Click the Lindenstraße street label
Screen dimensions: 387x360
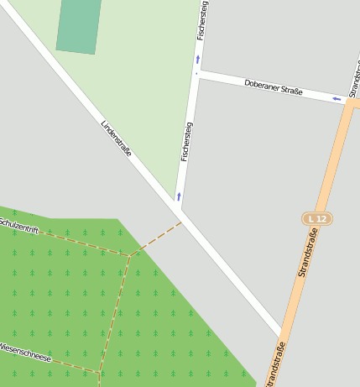tap(117, 139)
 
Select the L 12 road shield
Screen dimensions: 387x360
tap(317, 218)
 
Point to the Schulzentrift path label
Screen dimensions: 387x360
tap(18, 225)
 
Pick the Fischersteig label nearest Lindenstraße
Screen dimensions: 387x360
tap(186, 141)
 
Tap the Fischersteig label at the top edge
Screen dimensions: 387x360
tap(202, 18)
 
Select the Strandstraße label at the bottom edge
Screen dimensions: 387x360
tap(275, 365)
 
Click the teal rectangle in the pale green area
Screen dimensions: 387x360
tap(79, 26)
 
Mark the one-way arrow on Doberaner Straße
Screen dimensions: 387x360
tap(337, 99)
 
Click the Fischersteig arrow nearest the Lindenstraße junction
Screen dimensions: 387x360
tap(179, 196)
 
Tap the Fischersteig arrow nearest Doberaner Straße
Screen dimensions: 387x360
tap(198, 60)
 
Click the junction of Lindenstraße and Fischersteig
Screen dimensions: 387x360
tap(179, 207)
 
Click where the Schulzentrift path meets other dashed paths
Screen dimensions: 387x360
tap(130, 255)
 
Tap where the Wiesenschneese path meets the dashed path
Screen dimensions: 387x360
tap(101, 373)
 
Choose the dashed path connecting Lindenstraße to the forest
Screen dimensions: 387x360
tap(158, 238)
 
